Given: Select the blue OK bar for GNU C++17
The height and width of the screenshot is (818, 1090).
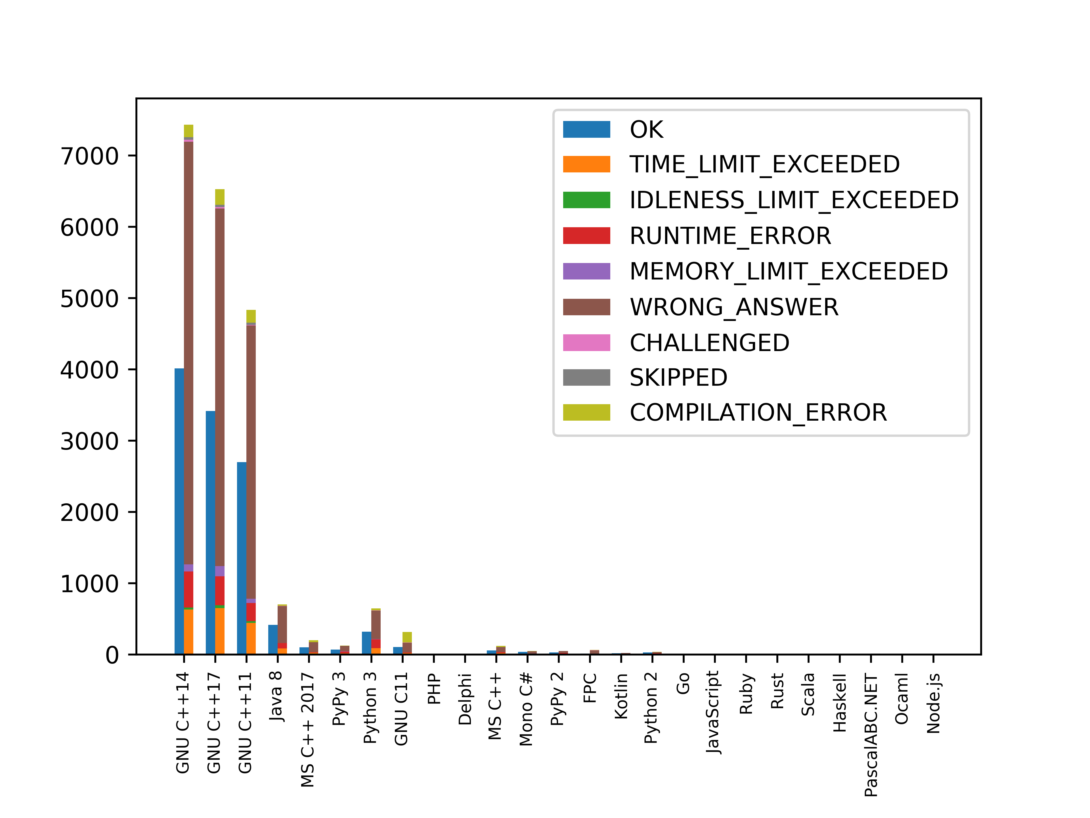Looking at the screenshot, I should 210,533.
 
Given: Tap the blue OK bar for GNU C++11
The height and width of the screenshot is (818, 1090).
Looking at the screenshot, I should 242,557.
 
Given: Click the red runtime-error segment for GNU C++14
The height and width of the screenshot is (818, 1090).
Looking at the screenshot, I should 188,589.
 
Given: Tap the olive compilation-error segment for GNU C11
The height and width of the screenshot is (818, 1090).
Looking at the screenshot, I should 407,637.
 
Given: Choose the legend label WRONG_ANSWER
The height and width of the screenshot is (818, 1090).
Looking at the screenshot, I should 734,307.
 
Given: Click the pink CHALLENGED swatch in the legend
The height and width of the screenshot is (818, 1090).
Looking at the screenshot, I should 586,343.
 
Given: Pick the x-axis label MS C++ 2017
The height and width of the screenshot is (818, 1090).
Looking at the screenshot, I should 307,730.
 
